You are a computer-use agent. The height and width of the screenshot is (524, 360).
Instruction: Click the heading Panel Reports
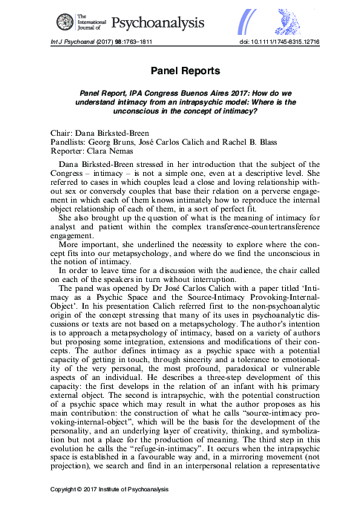(180, 72)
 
